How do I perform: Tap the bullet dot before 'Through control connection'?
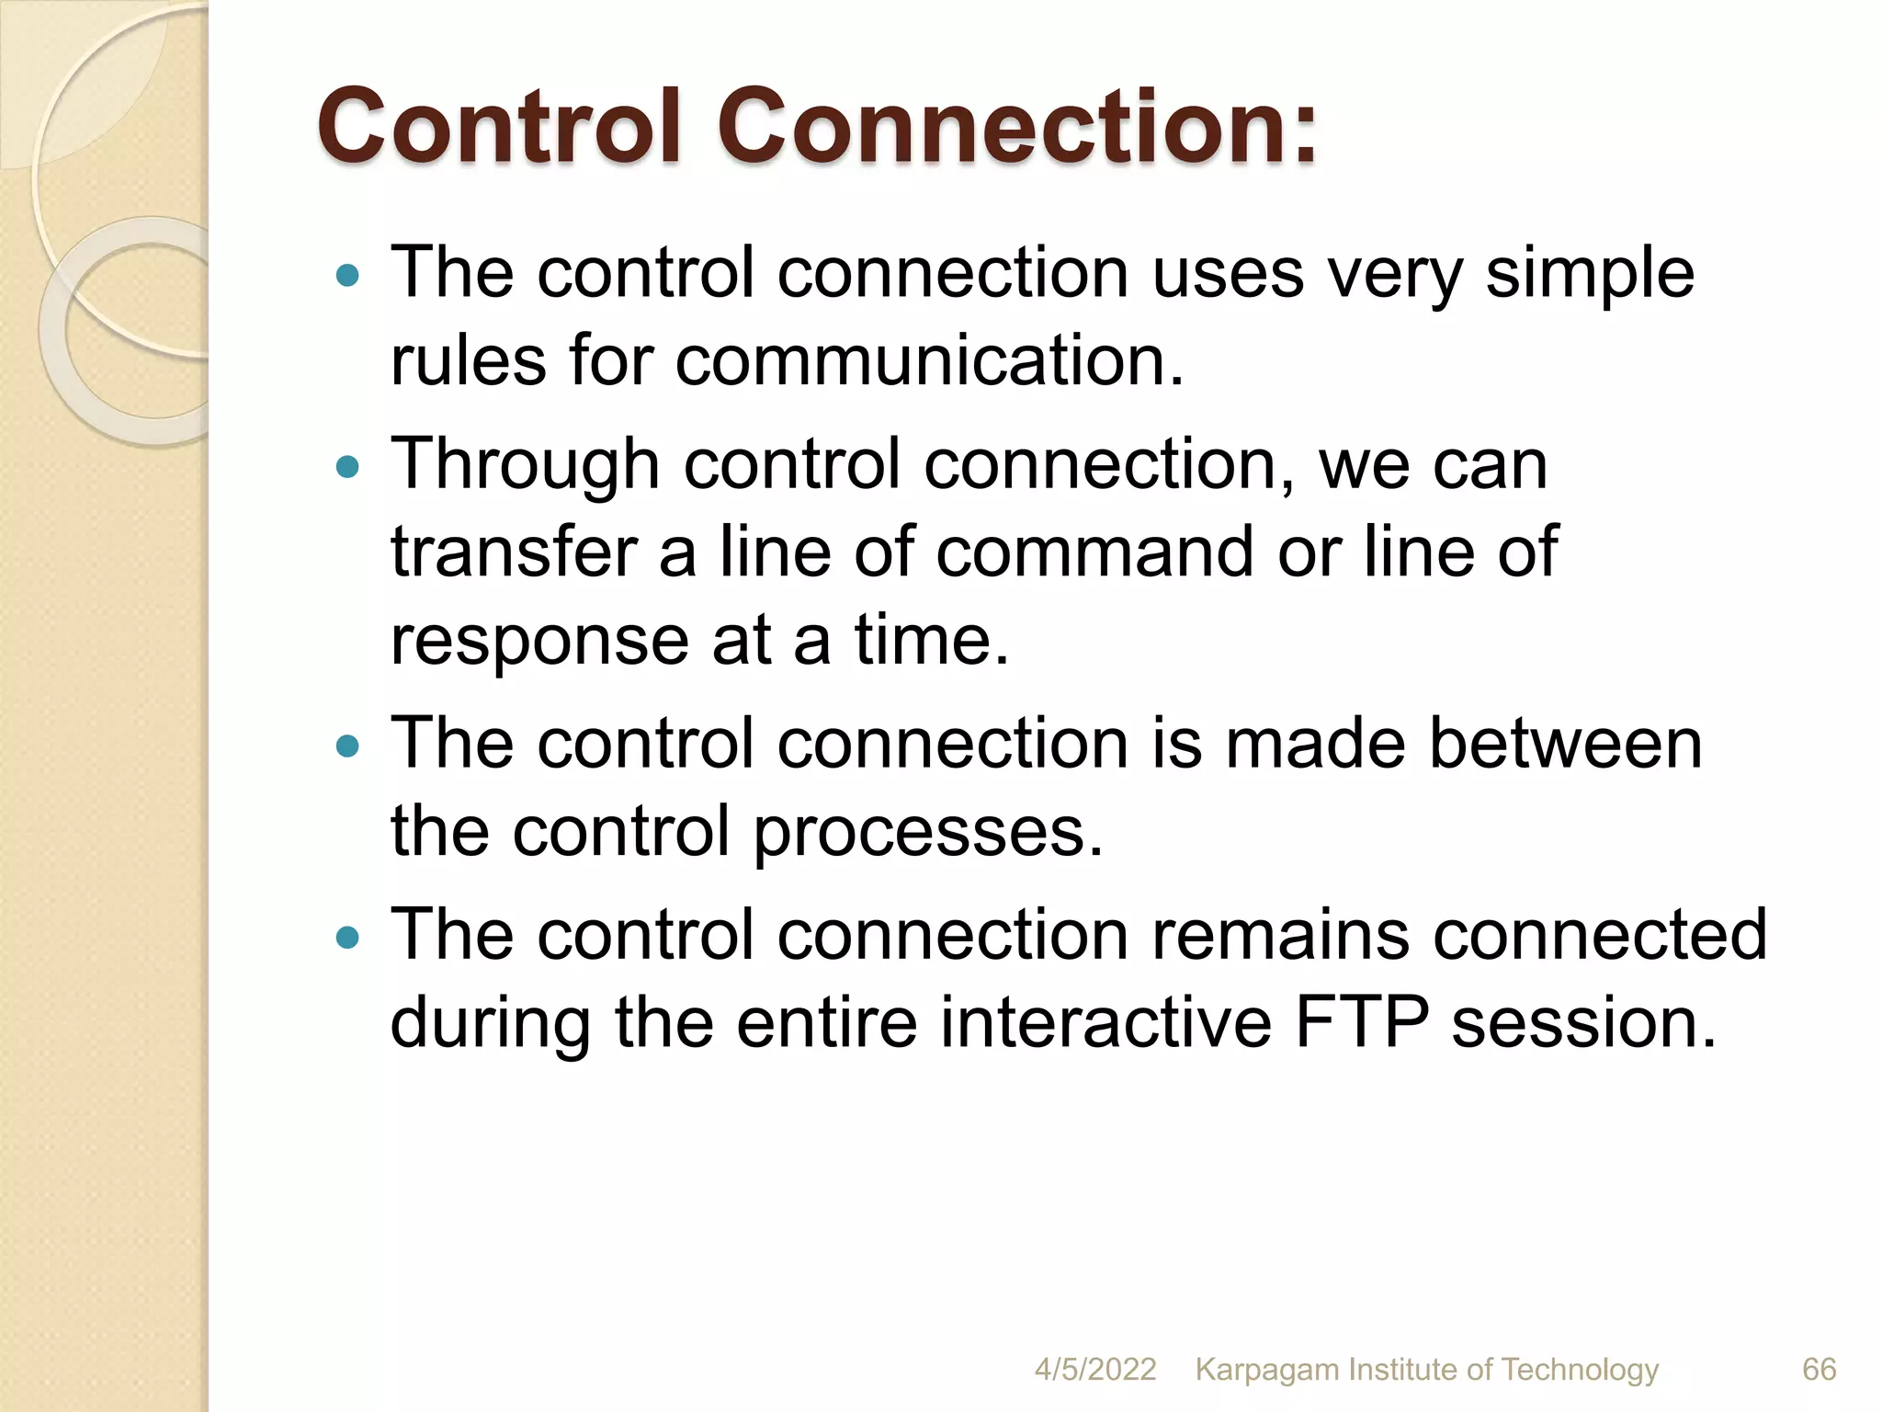click(x=347, y=468)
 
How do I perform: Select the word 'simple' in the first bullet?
click(x=1590, y=275)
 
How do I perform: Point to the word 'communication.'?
click(x=930, y=360)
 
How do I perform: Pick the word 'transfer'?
click(x=515, y=552)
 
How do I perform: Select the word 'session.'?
click(x=1583, y=1022)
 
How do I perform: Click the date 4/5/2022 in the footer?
click(x=1094, y=1370)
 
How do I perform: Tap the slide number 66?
click(x=1819, y=1370)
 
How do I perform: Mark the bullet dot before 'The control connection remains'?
click(x=347, y=938)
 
